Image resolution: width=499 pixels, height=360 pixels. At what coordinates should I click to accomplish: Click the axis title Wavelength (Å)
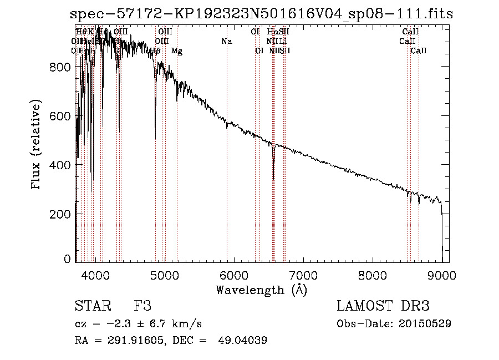261,290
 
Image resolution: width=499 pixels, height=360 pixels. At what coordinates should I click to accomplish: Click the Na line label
226,41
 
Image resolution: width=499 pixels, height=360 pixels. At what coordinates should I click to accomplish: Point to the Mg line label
177,51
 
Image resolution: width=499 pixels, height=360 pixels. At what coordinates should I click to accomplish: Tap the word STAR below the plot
92,306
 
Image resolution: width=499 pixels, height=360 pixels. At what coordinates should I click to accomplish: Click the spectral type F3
142,306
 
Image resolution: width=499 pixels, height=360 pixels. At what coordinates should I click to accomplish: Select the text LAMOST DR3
383,306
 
